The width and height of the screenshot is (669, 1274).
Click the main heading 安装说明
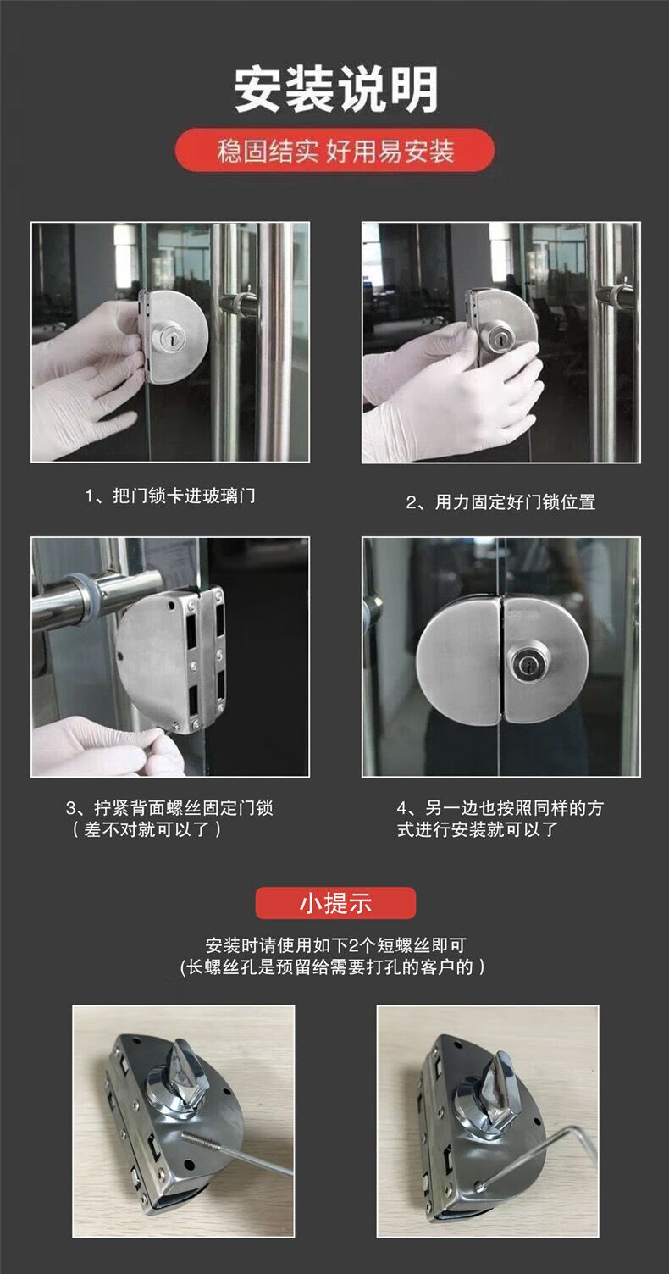(x=335, y=89)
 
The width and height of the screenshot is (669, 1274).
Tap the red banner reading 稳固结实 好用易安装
(x=334, y=151)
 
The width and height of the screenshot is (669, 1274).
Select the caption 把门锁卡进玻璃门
(x=184, y=496)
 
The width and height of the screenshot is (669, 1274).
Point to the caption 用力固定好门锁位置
(x=515, y=502)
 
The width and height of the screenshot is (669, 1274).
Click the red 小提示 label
(x=335, y=903)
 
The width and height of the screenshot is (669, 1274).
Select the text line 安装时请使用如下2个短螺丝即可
(x=335, y=945)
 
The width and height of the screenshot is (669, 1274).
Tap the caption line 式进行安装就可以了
(x=478, y=830)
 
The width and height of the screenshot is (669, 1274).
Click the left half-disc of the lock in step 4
(x=459, y=661)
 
